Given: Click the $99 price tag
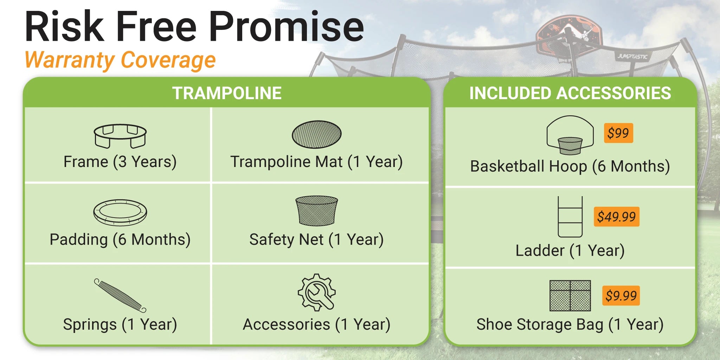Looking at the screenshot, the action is [618, 133].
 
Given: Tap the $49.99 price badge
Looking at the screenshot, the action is [617, 217].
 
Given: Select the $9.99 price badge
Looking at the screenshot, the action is [621, 296].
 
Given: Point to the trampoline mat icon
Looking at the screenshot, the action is [316, 134].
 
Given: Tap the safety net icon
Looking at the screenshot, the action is [316, 210].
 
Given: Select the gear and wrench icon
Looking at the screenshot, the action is [316, 292].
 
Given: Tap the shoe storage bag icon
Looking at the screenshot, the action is [570, 296].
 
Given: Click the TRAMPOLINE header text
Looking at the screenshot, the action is [227, 93].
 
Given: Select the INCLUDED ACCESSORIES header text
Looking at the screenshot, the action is [570, 93].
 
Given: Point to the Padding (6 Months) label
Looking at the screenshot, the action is [120, 239].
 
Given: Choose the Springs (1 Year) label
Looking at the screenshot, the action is [120, 324].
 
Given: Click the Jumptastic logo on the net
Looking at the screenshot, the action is [632, 56].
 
